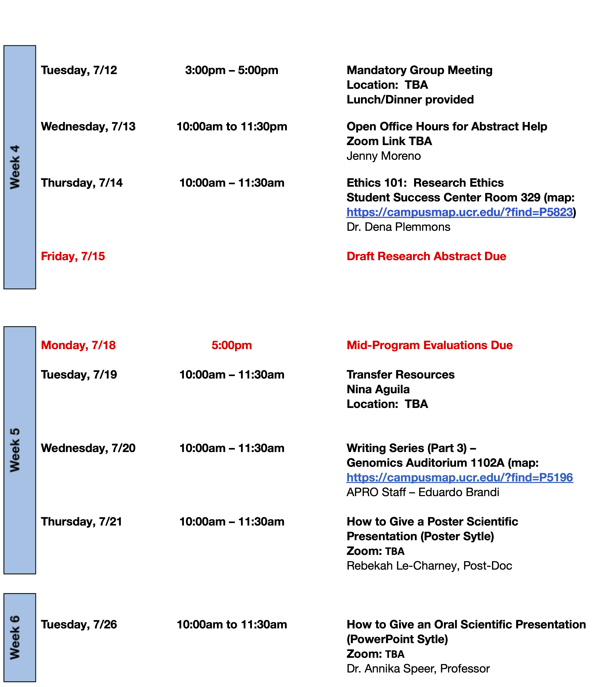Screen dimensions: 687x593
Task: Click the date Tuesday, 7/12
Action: tap(79, 70)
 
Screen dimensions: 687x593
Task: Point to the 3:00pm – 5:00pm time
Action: tap(231, 70)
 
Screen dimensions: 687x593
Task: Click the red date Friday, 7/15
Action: tap(73, 256)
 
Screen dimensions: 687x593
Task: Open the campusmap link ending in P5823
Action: tap(460, 212)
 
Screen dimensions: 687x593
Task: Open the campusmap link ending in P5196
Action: tap(460, 477)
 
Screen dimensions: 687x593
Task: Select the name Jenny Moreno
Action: tap(384, 156)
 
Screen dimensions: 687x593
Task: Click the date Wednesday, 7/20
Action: tap(88, 448)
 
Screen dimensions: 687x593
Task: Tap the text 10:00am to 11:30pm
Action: tap(231, 127)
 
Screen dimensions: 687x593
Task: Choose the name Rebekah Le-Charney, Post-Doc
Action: tap(429, 566)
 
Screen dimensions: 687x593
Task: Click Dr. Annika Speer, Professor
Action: tap(418, 669)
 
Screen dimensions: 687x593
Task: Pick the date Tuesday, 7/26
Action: tap(79, 625)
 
